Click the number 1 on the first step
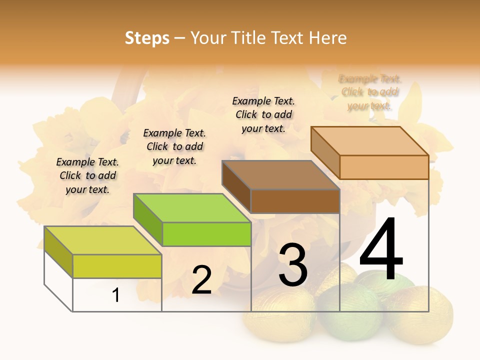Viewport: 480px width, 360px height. pyautogui.click(x=116, y=295)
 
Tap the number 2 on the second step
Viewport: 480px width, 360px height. pyautogui.click(x=201, y=280)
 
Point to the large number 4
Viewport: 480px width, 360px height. pyautogui.click(x=381, y=249)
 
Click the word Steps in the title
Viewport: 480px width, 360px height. pyautogui.click(x=147, y=38)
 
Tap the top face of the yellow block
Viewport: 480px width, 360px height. pyautogui.click(x=103, y=240)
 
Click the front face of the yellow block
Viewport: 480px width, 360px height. pyautogui.click(x=117, y=266)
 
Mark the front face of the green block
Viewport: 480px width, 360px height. pyautogui.click(x=206, y=234)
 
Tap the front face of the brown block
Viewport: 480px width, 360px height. pyautogui.click(x=295, y=201)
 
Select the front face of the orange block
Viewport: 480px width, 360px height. pyautogui.click(x=384, y=167)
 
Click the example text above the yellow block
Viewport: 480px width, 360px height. pyautogui.click(x=87, y=175)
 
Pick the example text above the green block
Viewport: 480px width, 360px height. pyautogui.click(x=174, y=146)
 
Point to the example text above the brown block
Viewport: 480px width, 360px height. pyautogui.click(x=263, y=114)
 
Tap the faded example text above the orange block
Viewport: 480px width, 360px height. pyautogui.click(x=370, y=92)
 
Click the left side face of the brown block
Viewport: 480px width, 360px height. pyautogui.click(x=236, y=186)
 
